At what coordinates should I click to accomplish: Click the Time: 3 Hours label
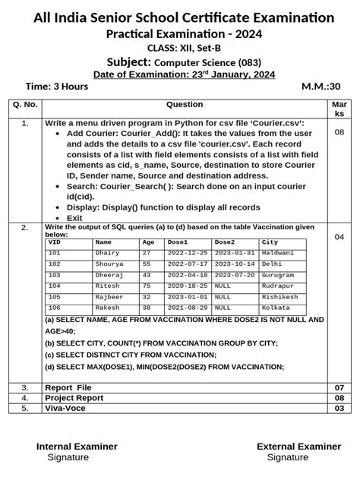(x=57, y=87)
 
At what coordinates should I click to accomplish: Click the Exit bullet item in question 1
(x=74, y=218)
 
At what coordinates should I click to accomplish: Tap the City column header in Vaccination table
(x=270, y=242)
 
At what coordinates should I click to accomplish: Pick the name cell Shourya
(x=109, y=264)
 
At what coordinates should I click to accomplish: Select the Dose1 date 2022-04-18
(x=187, y=276)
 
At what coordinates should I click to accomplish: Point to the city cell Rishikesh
(x=279, y=298)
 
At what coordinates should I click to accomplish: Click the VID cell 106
(x=55, y=308)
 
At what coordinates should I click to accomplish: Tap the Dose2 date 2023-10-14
(x=234, y=264)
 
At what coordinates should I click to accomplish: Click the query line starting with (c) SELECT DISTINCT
(x=130, y=355)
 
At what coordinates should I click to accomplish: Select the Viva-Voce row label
(x=65, y=408)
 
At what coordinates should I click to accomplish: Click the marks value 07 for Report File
(x=339, y=387)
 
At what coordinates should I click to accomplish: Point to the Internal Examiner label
(x=77, y=447)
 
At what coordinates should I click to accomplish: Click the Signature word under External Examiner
(x=287, y=458)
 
